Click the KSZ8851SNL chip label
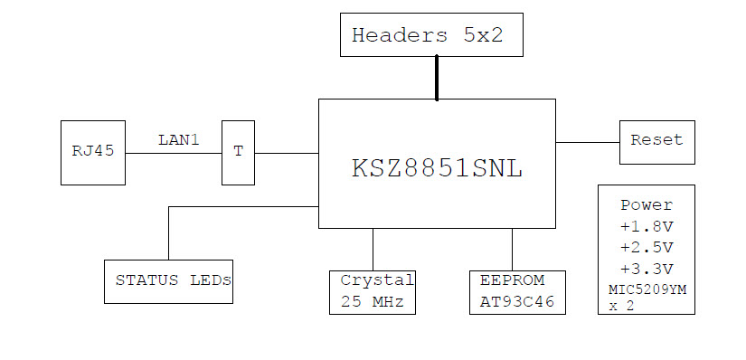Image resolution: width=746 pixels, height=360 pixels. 437,169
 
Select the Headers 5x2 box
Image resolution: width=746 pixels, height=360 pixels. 431,35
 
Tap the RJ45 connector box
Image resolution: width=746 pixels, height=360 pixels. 93,152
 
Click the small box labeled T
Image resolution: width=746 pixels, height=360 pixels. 239,152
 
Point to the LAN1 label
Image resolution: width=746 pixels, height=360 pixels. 178,139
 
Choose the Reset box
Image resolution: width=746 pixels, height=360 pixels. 656,141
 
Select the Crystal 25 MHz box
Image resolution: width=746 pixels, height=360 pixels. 372,291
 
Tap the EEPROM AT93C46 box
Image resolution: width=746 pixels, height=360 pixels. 517,291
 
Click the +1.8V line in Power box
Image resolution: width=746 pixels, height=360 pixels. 647,226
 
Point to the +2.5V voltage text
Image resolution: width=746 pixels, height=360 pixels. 647,247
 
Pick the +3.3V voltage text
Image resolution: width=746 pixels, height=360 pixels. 647,269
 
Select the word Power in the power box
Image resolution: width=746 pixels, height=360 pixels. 647,205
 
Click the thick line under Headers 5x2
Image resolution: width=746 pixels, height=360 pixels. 437,77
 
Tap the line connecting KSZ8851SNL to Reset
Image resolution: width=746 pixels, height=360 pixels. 588,142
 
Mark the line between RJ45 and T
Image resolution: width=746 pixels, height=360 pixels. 174,153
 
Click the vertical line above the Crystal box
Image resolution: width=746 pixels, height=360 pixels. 373,249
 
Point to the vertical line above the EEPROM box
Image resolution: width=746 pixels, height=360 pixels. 513,249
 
